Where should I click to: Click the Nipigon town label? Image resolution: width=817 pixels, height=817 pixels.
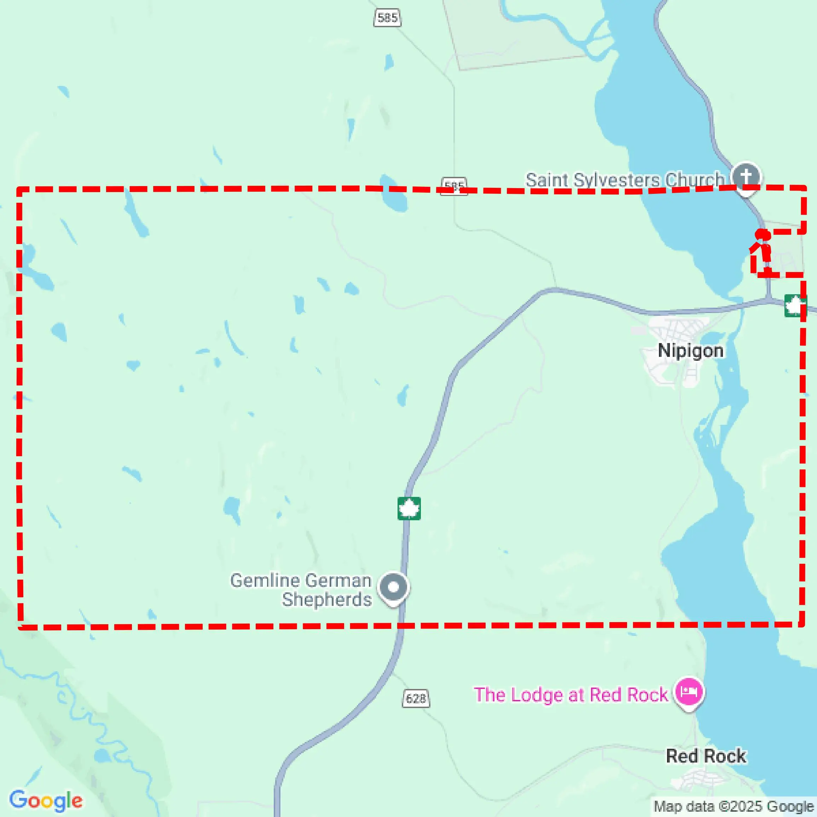pos(690,351)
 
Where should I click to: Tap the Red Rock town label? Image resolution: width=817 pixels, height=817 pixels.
pos(706,756)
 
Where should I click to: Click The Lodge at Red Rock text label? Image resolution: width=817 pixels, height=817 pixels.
pos(570,695)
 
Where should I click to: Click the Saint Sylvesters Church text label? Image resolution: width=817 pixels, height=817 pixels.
pos(625,180)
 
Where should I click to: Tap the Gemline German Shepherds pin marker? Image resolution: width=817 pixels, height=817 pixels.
pos(393,587)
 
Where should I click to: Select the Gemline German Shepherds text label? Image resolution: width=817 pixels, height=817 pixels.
pos(301,590)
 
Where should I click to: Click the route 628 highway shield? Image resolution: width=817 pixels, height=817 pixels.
pos(416,698)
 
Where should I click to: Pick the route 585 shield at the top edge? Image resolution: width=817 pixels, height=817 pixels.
pos(387,18)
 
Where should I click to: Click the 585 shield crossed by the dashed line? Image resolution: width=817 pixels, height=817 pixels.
pos(454,186)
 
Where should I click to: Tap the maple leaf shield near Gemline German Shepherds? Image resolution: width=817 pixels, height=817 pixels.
pos(409,508)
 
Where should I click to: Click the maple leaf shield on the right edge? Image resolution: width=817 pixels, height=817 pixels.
pos(795,305)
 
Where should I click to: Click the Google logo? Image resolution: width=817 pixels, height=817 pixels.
pos(46,800)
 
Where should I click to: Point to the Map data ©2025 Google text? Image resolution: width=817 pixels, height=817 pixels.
pos(734,806)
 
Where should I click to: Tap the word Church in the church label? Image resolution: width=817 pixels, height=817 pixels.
pos(695,180)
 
